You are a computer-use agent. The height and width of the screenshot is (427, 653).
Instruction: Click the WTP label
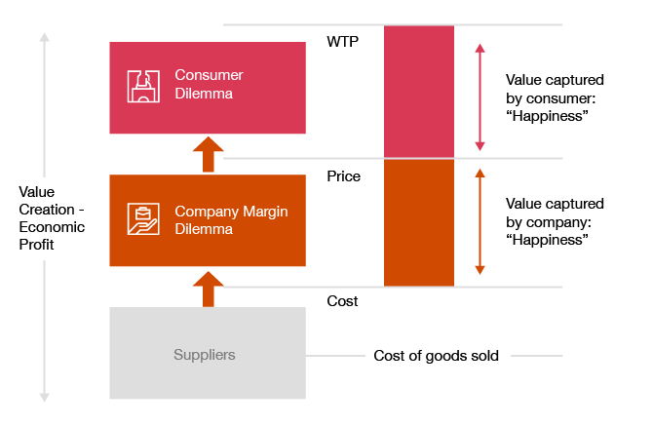click(342, 42)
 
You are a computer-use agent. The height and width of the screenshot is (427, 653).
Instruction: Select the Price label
click(343, 176)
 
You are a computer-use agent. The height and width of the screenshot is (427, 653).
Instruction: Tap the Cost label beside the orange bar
click(342, 301)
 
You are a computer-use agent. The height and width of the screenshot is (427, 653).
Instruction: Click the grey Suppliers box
click(207, 354)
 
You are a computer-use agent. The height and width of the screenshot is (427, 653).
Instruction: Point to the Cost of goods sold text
click(436, 356)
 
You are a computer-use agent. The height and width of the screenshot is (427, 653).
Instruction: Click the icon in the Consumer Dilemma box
click(143, 86)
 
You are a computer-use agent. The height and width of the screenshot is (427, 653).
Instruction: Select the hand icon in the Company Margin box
click(143, 219)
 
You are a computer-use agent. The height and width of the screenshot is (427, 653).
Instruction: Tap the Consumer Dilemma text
click(209, 85)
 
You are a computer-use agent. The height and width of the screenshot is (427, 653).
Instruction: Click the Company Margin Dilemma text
click(231, 220)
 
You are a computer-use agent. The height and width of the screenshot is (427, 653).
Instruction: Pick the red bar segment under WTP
click(419, 92)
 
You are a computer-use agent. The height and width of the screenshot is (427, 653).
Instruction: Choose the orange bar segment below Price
click(419, 222)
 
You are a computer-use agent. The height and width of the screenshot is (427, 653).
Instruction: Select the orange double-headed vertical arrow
click(480, 221)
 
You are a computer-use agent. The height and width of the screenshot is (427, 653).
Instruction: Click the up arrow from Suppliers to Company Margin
click(208, 290)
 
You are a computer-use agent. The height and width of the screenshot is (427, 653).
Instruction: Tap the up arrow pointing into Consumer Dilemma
click(208, 155)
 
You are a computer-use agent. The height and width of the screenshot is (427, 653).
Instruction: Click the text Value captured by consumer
click(555, 97)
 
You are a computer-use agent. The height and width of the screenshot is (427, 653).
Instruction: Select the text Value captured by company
click(555, 221)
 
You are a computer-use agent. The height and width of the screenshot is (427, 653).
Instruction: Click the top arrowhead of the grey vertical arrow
click(43, 38)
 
